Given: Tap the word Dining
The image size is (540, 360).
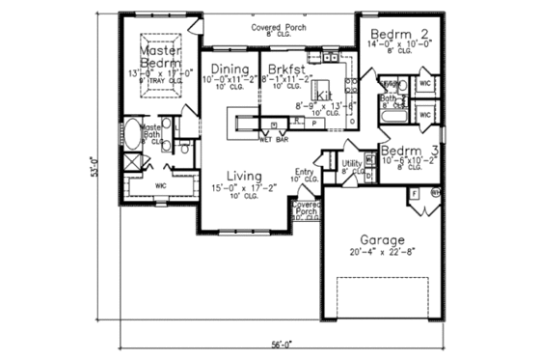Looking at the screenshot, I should tap(232, 69).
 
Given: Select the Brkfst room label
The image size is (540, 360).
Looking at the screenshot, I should tap(286, 69).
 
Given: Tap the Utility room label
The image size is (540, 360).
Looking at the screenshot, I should tap(352, 165).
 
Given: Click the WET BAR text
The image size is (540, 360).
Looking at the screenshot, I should tap(275, 139).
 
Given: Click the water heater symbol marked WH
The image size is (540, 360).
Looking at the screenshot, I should tap(435, 193).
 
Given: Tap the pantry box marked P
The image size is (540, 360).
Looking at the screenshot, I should tap(314, 124).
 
